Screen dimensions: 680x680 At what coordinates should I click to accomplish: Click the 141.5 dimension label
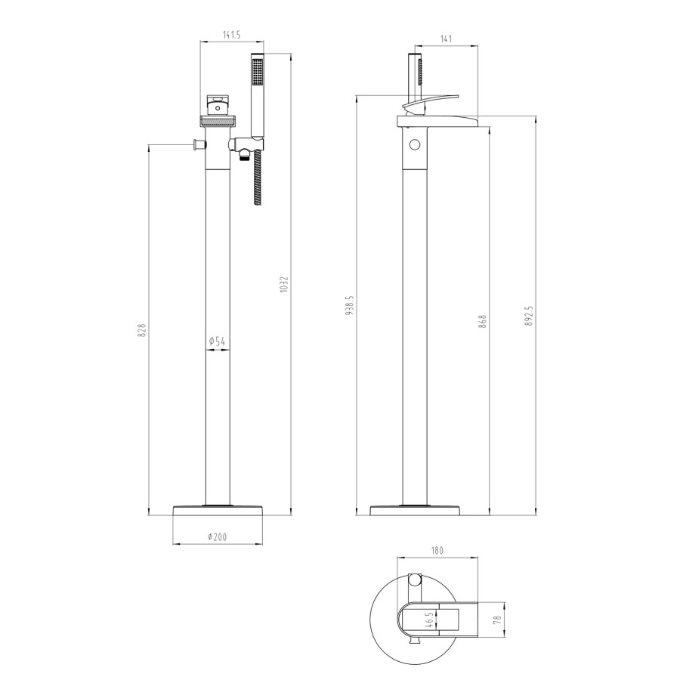coord(230,33)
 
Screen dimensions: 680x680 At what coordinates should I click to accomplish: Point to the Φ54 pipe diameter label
coord(218,342)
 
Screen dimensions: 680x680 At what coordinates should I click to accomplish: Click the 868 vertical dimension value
coord(484,320)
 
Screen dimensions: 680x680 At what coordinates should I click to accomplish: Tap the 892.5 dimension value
coord(529,316)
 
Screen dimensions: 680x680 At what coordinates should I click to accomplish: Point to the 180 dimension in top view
coord(437,551)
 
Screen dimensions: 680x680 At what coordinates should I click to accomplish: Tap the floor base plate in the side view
coord(416,510)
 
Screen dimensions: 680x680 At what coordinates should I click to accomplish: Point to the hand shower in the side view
coord(414,76)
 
